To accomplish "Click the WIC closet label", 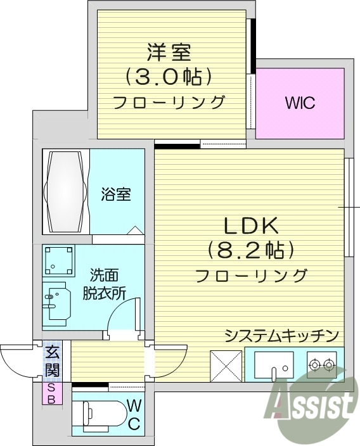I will pyautogui.click(x=300, y=103).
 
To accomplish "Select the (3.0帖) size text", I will pyautogui.click(x=169, y=77).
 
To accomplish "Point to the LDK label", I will pyautogui.click(x=250, y=225).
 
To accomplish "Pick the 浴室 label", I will pyautogui.click(x=116, y=194).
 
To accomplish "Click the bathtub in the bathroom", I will pyautogui.click(x=66, y=191).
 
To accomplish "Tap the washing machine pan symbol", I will pyautogui.click(x=59, y=260).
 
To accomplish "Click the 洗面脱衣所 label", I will pyautogui.click(x=105, y=284).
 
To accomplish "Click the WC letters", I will pyautogui.click(x=134, y=414).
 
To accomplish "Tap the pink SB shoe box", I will pyautogui.click(x=51, y=393).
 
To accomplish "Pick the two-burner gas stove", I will pyautogui.click(x=322, y=365).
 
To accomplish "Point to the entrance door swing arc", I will pyautogui.click(x=18, y=364).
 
